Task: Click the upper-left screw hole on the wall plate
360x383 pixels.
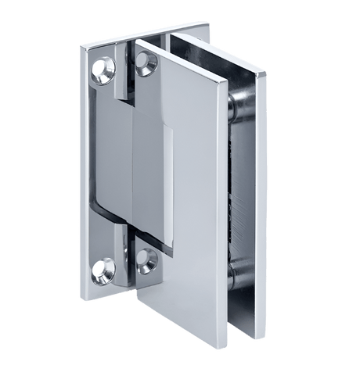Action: [x=103, y=73]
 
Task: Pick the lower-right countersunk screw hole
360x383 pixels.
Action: [x=146, y=261]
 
